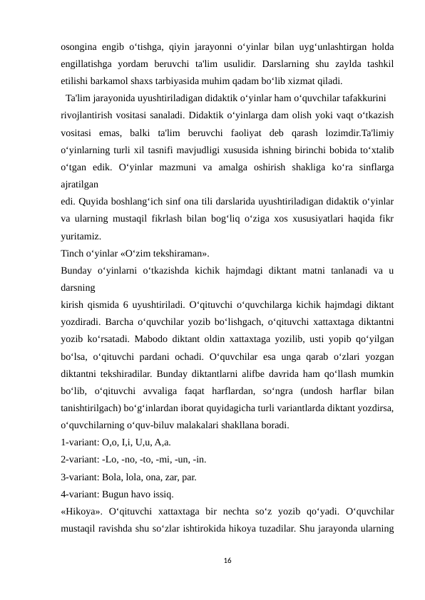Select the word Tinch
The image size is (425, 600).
pos(73,254)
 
